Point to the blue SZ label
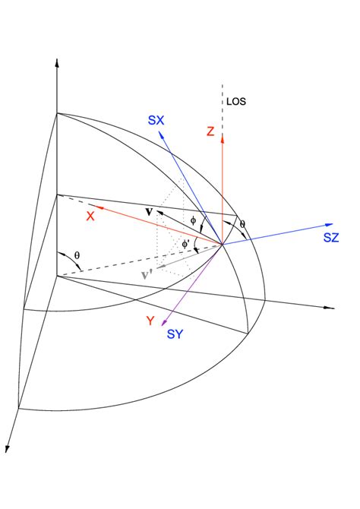tap(330, 238)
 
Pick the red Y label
tap(150, 321)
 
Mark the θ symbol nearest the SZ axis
tap(243, 224)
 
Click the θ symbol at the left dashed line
tap(77, 255)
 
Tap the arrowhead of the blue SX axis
tap(160, 129)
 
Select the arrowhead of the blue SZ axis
tap(331, 225)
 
